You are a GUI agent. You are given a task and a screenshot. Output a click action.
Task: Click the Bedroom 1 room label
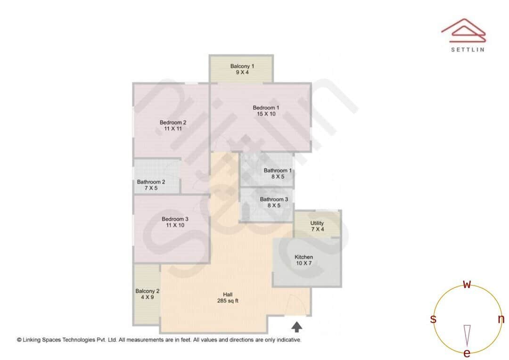tap(266, 107)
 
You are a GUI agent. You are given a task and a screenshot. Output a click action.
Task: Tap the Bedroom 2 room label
tap(172, 123)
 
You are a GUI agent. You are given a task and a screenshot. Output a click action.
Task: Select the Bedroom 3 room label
tap(175, 219)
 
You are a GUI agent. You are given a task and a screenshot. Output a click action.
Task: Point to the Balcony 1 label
tap(242, 66)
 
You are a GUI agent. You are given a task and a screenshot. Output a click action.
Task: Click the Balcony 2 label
tap(147, 291)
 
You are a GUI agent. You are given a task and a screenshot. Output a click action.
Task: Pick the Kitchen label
tap(304, 257)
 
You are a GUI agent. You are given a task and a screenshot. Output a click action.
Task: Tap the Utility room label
tap(317, 223)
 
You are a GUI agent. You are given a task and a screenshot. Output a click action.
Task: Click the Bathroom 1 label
tap(278, 171)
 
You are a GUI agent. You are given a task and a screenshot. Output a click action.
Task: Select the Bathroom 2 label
tap(151, 182)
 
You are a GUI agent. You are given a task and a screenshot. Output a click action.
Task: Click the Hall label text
tap(228, 295)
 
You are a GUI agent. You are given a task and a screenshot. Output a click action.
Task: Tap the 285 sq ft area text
tap(228, 301)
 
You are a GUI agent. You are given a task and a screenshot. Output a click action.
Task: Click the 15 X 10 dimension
tap(266, 114)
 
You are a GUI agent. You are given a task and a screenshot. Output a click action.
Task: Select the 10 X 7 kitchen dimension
tap(304, 263)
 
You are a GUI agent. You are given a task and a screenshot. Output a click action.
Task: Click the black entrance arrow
tap(297, 327)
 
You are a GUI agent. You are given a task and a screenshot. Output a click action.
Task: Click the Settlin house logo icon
tap(463, 30)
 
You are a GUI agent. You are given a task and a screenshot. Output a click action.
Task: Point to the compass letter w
tap(467, 285)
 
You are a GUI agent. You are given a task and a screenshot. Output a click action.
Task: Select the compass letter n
tap(501, 319)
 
